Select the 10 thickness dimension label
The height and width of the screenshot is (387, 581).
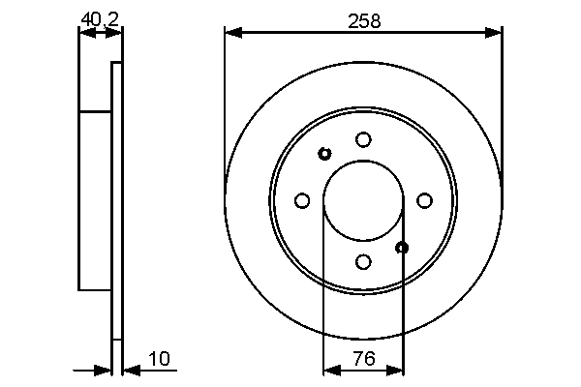[x=160, y=359]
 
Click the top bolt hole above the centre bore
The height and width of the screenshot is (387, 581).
[x=363, y=139]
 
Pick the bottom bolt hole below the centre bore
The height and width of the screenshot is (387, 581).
[x=363, y=261]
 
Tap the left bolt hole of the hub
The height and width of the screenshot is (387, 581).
[x=302, y=200]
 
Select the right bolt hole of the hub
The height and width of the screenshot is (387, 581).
[x=424, y=200]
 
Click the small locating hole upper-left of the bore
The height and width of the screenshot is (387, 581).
[x=324, y=153]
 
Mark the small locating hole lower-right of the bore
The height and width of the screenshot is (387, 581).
[x=403, y=248]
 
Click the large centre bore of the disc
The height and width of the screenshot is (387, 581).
[x=363, y=200]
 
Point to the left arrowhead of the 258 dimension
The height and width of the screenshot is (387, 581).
[x=231, y=33]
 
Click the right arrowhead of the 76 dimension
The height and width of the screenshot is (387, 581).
[x=397, y=369]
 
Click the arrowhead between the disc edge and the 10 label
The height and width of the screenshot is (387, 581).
[x=130, y=369]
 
